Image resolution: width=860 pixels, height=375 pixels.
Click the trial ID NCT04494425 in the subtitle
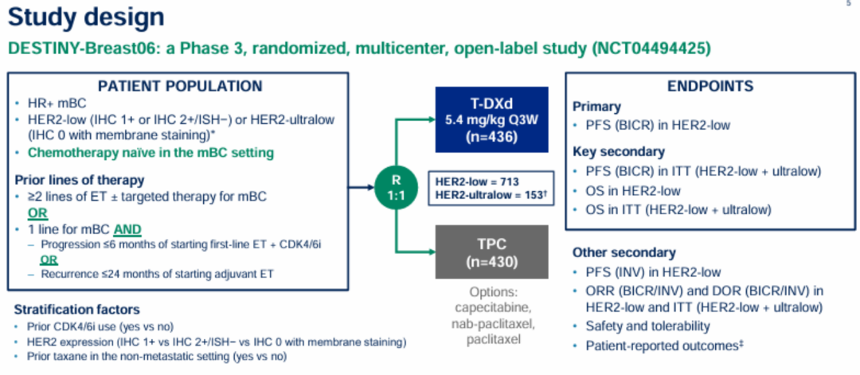click(x=651, y=48)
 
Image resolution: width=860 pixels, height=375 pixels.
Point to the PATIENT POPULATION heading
click(x=179, y=86)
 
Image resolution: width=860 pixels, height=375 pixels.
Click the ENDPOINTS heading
click(x=711, y=86)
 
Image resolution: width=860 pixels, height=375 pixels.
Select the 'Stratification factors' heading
click(x=77, y=309)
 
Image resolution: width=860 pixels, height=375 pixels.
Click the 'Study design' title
click(x=86, y=17)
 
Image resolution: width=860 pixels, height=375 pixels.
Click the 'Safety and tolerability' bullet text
click(x=647, y=326)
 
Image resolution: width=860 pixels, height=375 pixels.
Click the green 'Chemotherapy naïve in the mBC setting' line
click(x=150, y=152)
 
